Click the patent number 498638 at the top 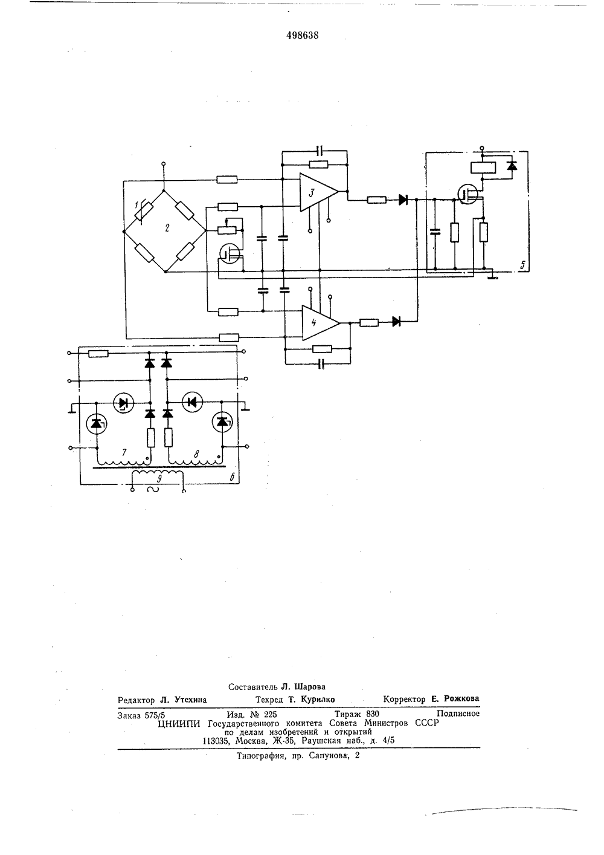click(303, 36)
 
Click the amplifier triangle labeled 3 click(318, 192)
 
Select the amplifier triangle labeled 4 click(320, 322)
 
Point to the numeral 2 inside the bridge click(167, 228)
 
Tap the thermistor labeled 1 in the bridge click(146, 211)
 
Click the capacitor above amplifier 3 click(320, 151)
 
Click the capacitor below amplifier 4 click(321, 364)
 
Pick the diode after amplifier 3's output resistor click(403, 200)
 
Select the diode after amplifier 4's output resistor click(397, 322)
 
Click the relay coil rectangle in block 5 click(483, 167)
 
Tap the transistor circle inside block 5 click(468, 195)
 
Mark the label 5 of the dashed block click(522, 264)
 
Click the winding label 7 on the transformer click(124, 453)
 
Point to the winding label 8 click(196, 454)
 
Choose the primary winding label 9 click(160, 479)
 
